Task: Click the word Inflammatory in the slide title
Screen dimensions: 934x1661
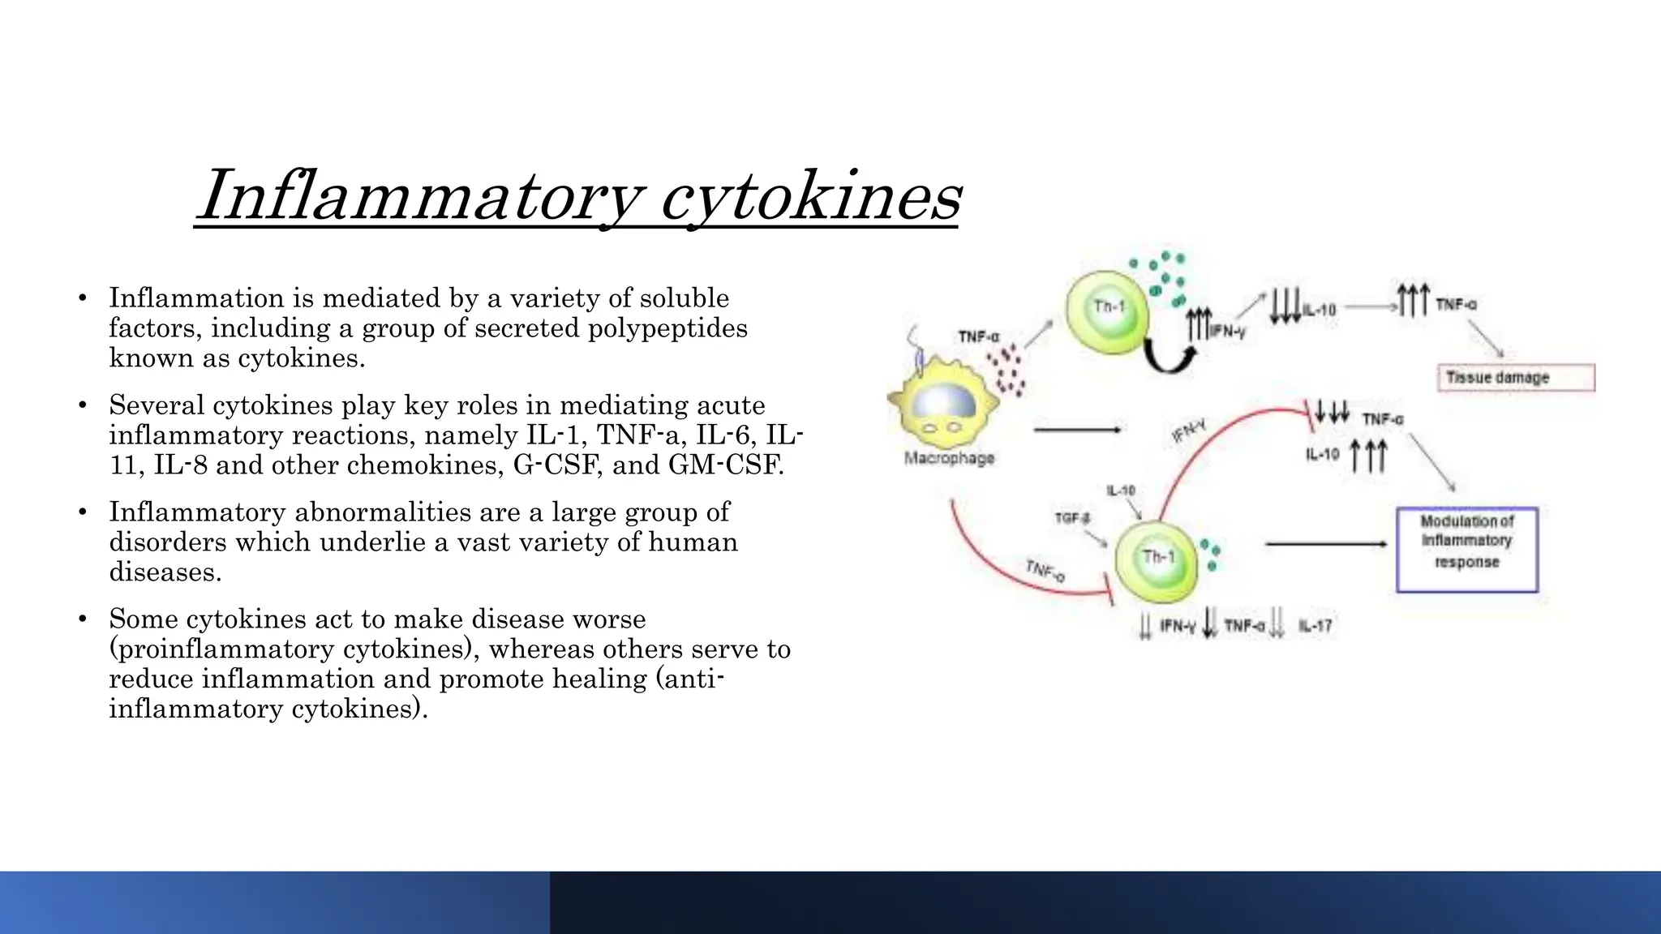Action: point(422,196)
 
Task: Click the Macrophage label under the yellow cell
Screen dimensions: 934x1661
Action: point(949,458)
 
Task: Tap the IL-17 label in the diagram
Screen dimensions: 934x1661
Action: point(1315,626)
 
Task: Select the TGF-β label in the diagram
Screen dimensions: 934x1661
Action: point(1072,518)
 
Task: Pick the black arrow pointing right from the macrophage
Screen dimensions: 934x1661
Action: point(1077,430)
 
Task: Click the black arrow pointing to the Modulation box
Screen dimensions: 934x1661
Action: point(1325,544)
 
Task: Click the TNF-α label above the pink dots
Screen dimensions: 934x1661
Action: point(979,336)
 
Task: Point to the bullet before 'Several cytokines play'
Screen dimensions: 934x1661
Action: point(83,405)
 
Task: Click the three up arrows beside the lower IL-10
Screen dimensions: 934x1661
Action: point(1368,456)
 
